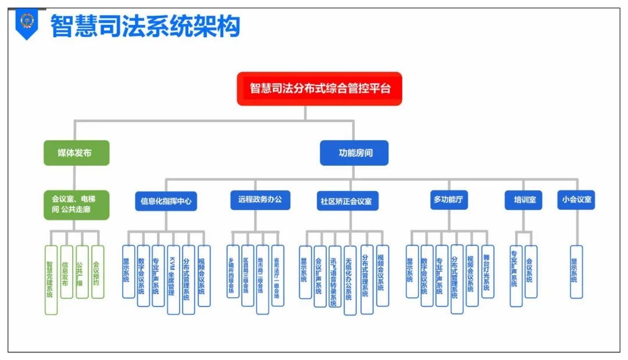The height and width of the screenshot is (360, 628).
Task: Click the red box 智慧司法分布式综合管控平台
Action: tap(319, 88)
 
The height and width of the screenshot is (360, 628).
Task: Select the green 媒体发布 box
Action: tap(76, 153)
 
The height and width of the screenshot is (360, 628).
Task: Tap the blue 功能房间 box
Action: tap(354, 153)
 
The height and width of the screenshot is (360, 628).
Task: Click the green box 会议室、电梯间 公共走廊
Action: tap(76, 205)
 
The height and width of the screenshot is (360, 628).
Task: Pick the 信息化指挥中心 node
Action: tap(165, 201)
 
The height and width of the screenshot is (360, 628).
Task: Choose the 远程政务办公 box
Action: tap(259, 199)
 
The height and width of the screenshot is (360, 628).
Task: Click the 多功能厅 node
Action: tap(449, 199)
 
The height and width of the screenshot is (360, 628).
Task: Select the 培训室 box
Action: tap(523, 200)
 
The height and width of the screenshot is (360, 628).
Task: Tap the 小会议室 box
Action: tap(576, 199)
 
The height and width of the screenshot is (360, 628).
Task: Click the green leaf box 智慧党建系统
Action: tap(51, 279)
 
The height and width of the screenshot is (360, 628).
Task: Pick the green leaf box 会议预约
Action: tap(97, 272)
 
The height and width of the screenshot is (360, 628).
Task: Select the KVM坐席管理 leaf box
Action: tap(173, 279)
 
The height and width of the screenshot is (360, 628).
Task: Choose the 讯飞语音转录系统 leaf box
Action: tap(334, 276)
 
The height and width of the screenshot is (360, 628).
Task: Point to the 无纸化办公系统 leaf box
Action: tap(349, 280)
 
